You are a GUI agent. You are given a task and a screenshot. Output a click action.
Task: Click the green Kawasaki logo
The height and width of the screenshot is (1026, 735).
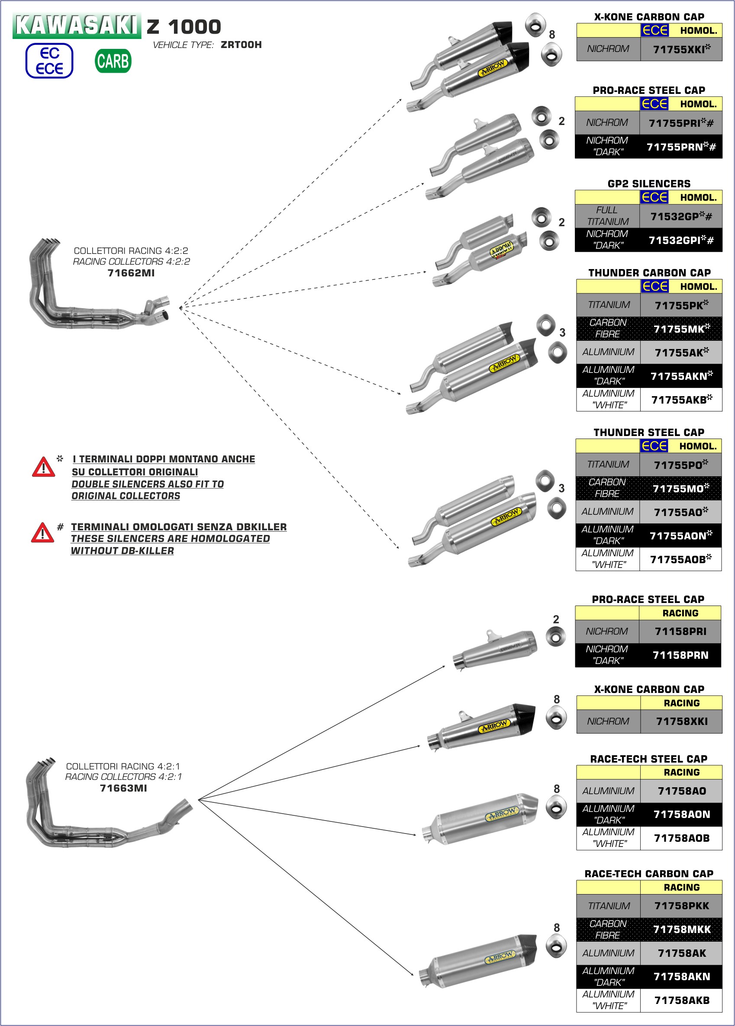77,26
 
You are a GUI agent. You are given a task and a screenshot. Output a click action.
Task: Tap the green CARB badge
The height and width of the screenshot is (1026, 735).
113,61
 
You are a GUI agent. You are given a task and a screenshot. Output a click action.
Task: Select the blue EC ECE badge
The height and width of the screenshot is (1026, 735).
49,61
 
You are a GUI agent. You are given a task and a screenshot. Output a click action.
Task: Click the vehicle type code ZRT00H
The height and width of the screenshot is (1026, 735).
241,45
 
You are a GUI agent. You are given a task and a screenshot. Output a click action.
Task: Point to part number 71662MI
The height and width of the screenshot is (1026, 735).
131,273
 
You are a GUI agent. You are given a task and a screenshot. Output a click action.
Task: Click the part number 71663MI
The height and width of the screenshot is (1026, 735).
123,788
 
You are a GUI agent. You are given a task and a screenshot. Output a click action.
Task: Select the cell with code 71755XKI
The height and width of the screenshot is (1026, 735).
681,49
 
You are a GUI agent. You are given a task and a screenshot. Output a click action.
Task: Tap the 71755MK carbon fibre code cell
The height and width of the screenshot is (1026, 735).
681,329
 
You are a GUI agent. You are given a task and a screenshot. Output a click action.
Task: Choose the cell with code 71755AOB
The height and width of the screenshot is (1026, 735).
680,559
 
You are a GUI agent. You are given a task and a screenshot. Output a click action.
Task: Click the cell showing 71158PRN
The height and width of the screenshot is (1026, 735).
680,655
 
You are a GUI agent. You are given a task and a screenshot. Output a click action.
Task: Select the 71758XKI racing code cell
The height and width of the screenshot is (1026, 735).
682,721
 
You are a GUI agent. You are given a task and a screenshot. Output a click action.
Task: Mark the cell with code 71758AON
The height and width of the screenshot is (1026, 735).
682,814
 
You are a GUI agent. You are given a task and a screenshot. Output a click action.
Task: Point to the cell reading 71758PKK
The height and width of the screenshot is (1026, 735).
682,906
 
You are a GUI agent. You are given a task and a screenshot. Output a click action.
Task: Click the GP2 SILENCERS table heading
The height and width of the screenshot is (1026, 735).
648,183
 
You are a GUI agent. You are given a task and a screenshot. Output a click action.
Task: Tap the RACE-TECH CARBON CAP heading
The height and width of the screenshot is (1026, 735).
648,874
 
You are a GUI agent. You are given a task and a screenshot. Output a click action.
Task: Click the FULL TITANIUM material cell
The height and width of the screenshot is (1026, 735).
607,216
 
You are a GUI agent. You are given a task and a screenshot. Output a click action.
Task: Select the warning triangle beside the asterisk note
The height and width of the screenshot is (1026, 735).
43,467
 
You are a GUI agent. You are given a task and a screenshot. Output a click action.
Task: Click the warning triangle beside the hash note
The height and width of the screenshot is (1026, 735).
42,532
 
